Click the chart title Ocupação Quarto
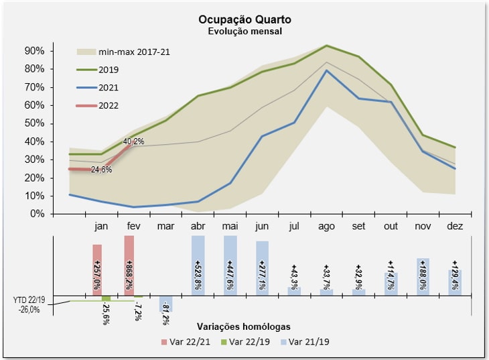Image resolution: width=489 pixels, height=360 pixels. click(244, 19)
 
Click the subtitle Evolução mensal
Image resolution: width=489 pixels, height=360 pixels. click(244, 31)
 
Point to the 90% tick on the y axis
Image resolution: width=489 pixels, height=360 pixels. click(34, 51)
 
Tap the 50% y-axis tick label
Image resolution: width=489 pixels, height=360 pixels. click(34, 123)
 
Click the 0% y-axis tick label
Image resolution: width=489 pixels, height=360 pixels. click(36, 214)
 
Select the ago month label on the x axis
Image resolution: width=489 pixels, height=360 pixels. click(326, 226)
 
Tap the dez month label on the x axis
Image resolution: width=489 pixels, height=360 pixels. click(455, 226)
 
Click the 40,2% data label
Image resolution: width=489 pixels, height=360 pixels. click(134, 142)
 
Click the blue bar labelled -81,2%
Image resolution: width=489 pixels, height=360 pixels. click(165, 304)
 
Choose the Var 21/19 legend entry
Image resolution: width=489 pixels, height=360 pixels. click(309, 342)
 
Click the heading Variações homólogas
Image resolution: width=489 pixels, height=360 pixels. click(244, 326)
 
